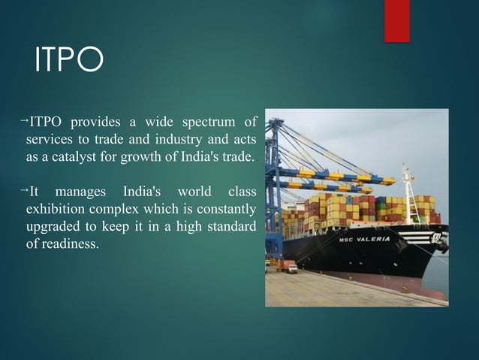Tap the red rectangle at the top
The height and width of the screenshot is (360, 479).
click(x=396, y=20)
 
